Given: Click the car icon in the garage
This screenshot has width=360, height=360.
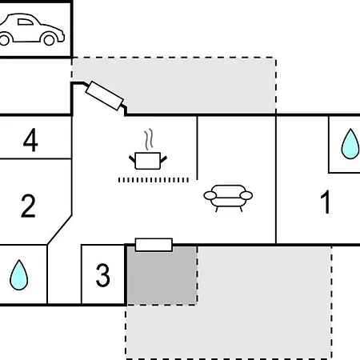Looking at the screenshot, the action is (x=31, y=30).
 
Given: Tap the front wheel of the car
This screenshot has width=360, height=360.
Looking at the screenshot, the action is (x=49, y=39).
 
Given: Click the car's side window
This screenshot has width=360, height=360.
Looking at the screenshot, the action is (x=26, y=22).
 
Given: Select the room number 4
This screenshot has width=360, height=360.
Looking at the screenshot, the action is (x=30, y=140).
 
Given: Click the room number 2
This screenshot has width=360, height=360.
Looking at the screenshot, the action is (x=28, y=206).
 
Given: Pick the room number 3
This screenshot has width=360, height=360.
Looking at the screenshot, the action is (x=102, y=275).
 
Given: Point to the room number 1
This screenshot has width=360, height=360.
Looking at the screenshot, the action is (x=326, y=202).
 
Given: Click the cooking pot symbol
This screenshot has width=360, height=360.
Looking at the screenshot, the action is (x=148, y=161).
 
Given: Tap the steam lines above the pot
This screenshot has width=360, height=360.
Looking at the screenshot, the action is (x=149, y=139).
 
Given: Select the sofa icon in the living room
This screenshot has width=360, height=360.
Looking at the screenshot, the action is (x=228, y=198).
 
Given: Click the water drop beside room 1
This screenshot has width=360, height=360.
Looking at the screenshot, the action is (x=350, y=144).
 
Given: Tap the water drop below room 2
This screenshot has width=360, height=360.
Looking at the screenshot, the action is (x=18, y=275).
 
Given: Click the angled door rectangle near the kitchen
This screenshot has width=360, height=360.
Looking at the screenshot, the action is (x=104, y=96).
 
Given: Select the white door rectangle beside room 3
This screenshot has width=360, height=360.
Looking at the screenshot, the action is (x=154, y=245).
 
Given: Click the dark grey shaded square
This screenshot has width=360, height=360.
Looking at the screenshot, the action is (x=162, y=275).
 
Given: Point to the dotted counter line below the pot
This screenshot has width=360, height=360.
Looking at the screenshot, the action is (x=154, y=180).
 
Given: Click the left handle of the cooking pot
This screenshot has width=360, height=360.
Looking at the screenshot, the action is (x=132, y=159).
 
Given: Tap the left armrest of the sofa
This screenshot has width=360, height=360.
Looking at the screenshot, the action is (x=210, y=195).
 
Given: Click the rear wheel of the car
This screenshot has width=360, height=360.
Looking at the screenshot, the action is (x=4, y=39).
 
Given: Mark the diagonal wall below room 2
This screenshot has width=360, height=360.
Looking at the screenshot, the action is (x=59, y=230).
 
